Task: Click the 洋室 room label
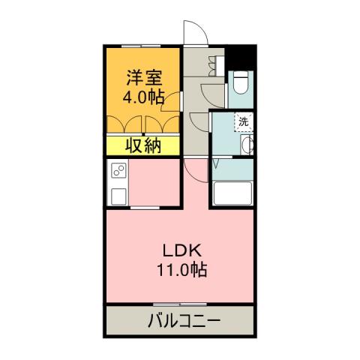pyautogui.click(x=142, y=76)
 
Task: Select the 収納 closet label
pyautogui.click(x=142, y=145)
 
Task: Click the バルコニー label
pyautogui.click(x=180, y=321)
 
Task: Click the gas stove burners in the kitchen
pyautogui.click(x=118, y=173)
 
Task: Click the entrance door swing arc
pyautogui.click(x=193, y=33)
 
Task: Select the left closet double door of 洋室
pyautogui.click(x=124, y=124)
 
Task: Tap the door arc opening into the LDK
pyautogui.click(x=193, y=171)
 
